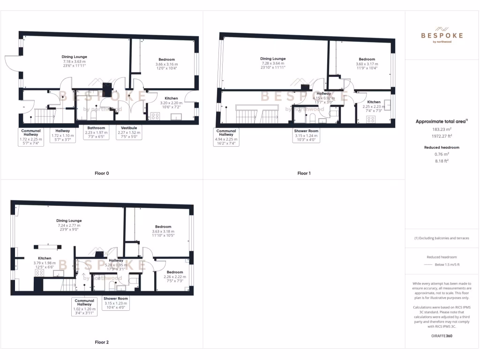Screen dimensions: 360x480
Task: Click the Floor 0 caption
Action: point(102,173)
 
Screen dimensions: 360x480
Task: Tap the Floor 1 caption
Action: point(304,173)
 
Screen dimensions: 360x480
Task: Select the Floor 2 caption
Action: point(102,342)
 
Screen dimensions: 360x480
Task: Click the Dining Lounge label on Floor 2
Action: point(69,220)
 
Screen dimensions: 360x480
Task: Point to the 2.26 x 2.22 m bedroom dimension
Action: point(175,277)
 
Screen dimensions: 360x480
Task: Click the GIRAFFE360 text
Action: point(442,336)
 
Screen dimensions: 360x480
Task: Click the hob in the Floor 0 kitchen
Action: point(154,116)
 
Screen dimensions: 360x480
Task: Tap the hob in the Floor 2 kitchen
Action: point(39,272)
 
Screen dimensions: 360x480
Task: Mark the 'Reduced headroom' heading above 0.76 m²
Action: point(442,147)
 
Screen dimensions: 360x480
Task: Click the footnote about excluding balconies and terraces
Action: point(442,238)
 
